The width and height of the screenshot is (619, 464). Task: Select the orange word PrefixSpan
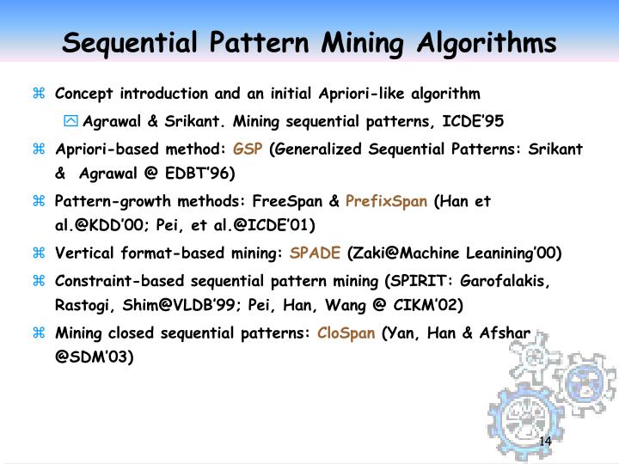(386, 202)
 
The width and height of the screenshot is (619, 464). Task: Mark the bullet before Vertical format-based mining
(39, 253)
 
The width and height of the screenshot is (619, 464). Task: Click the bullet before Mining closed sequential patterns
(39, 333)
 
